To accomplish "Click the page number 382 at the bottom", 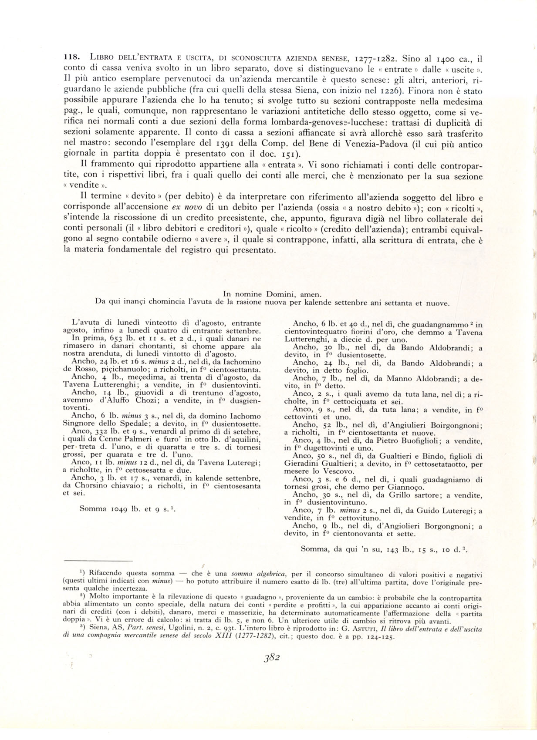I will pos(271,657).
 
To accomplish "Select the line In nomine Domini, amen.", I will pos(272,295).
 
